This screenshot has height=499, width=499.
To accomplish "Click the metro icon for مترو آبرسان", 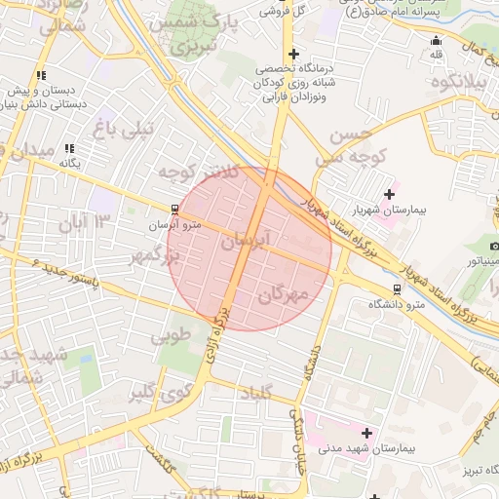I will coord(174,209).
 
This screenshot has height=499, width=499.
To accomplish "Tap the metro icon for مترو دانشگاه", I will coord(396,289).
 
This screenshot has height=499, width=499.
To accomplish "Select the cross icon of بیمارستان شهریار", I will coord(391,194).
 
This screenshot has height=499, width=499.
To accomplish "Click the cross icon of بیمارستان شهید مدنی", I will coord(366,433).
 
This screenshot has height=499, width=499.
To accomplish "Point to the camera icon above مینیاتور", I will coord(494,246).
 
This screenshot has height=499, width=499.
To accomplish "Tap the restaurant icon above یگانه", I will coord(69,148).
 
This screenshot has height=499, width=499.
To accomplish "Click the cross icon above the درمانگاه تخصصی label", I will coord(292,55).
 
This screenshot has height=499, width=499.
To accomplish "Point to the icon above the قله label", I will coord(436,41).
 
